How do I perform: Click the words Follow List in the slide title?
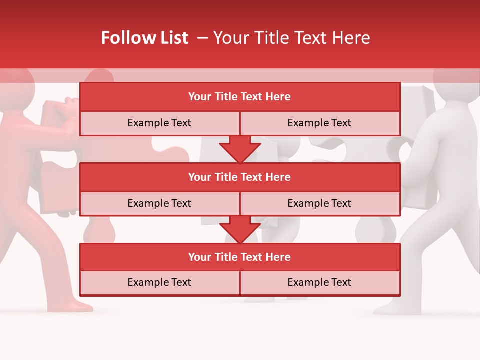pyautogui.click(x=144, y=38)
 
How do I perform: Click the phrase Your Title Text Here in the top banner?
pyautogui.click(x=291, y=38)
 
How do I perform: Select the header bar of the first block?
pyautogui.click(x=240, y=97)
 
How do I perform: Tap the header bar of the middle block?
pyautogui.click(x=240, y=177)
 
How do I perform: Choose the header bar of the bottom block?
pyautogui.click(x=240, y=257)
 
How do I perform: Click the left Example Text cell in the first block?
pyautogui.click(x=159, y=123)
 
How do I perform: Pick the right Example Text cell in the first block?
pyautogui.click(x=319, y=123)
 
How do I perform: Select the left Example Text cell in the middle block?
pyautogui.click(x=159, y=203)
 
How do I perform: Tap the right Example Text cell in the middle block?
pyautogui.click(x=319, y=203)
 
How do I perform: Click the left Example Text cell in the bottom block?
pyautogui.click(x=159, y=282)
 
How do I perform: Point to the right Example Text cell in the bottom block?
pyautogui.click(x=319, y=282)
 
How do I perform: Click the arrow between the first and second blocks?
pyautogui.click(x=240, y=149)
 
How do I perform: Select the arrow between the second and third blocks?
pyautogui.click(x=240, y=229)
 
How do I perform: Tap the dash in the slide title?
pyautogui.click(x=202, y=38)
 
